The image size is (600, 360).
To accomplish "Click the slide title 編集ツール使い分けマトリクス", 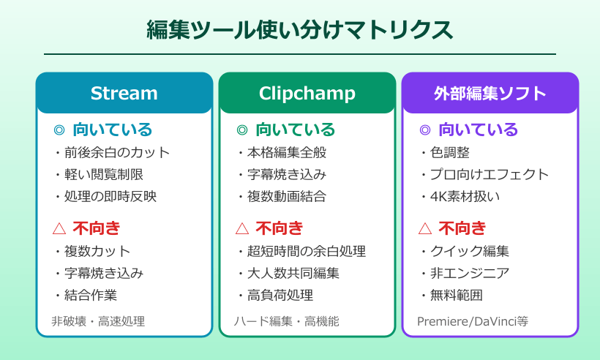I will [299, 30].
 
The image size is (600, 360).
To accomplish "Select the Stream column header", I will [124, 93].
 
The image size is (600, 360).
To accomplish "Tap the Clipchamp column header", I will [307, 93].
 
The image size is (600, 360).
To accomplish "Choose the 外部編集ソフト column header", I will [490, 93].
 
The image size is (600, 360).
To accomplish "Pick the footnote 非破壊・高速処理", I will [98, 321].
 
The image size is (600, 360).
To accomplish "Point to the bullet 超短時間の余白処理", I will [305, 252].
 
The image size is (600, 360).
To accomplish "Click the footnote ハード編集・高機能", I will [287, 321].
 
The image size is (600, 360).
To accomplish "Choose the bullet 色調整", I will [449, 153].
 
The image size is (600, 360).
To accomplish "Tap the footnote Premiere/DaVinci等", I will [473, 321].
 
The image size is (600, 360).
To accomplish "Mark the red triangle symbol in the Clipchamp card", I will [242, 228].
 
